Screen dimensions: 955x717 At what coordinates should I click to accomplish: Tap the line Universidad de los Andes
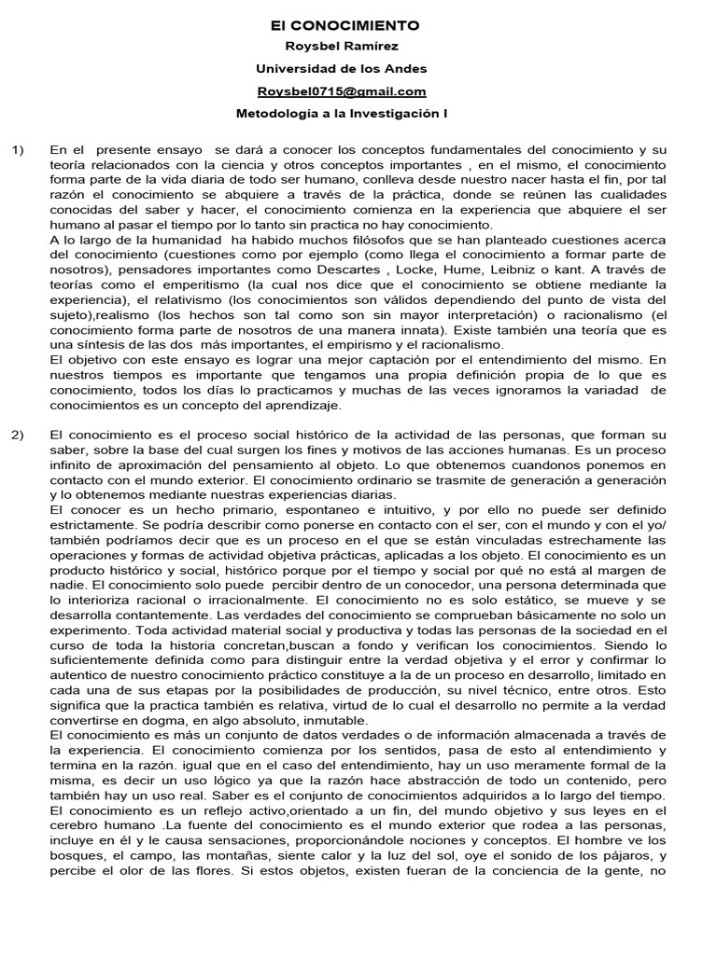pyautogui.click(x=342, y=68)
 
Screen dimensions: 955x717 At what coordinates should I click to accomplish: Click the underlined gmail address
pyautogui.click(x=342, y=90)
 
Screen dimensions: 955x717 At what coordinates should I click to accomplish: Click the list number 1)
pyautogui.click(x=20, y=150)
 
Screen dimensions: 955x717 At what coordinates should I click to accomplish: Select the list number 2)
pyautogui.click(x=20, y=408)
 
